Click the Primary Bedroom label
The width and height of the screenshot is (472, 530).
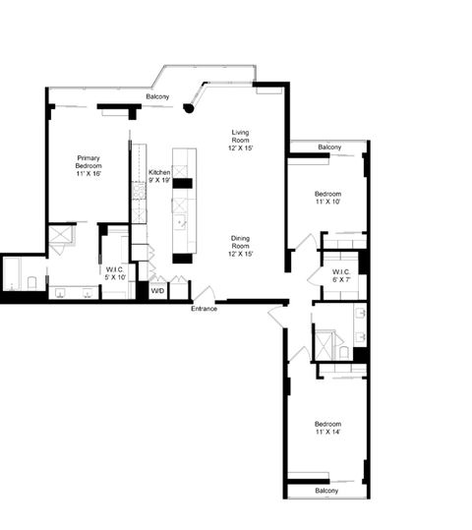(89, 162)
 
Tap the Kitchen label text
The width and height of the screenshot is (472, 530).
(159, 176)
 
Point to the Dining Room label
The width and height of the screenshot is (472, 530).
(242, 246)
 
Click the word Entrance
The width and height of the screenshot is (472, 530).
(205, 309)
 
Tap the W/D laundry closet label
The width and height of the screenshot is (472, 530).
(157, 290)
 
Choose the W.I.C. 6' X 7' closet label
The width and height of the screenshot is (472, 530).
(342, 276)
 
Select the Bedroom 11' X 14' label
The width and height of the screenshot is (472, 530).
(327, 428)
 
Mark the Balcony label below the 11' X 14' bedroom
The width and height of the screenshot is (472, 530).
(326, 490)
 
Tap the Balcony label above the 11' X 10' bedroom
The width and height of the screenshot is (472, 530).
(329, 147)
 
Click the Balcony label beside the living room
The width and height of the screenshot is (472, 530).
(157, 96)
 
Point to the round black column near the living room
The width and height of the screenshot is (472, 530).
(190, 108)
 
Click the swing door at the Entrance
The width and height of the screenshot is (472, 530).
(205, 294)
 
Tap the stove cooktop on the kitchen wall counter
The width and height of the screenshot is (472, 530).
(139, 187)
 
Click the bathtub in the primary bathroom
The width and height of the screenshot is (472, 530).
(18, 274)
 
